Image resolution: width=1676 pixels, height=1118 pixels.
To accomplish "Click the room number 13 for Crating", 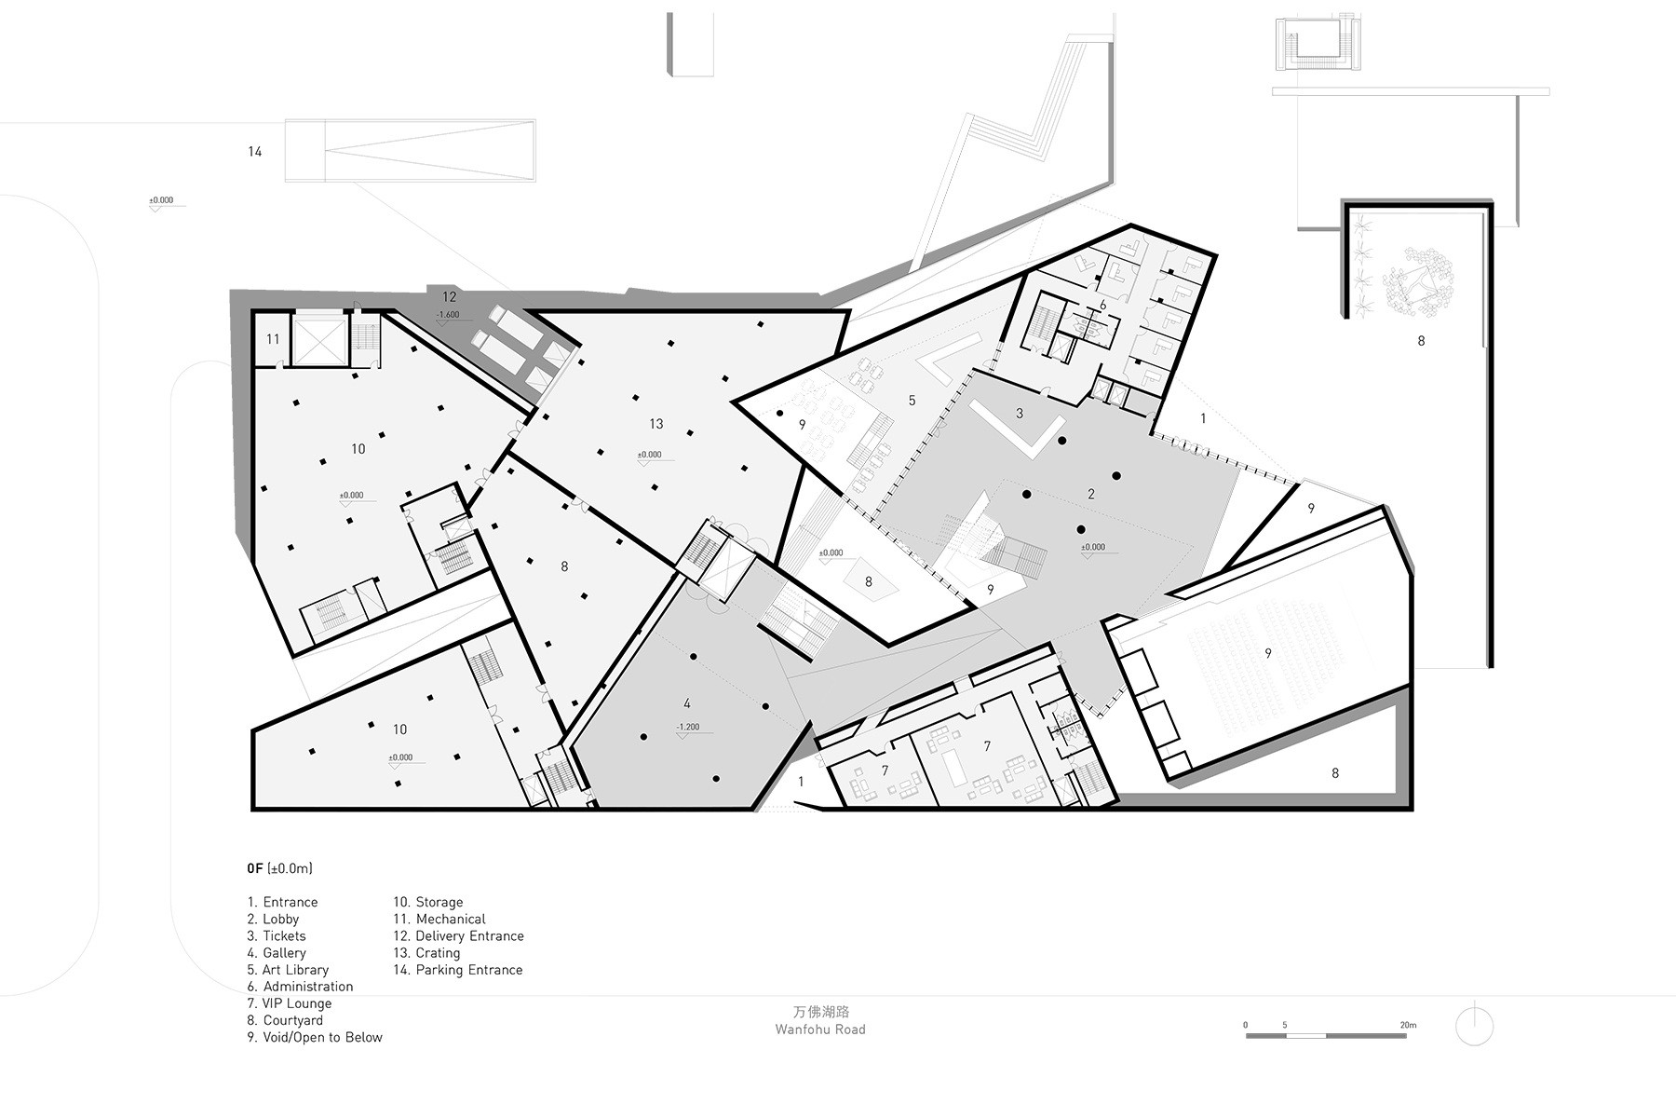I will coord(656,424).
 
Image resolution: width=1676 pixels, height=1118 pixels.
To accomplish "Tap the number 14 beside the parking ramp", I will coord(255,152).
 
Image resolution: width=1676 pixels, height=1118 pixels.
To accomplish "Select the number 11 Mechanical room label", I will coord(273,339).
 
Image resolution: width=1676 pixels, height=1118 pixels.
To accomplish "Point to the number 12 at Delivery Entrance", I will coord(450,297).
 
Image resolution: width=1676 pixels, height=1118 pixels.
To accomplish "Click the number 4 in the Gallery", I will coord(687,703).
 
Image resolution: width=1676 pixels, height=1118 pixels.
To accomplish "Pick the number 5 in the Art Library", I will coord(912,401).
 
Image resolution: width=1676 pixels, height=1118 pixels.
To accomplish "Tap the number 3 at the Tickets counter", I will coord(1020,413).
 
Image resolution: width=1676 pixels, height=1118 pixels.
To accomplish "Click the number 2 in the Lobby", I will coord(1091,494).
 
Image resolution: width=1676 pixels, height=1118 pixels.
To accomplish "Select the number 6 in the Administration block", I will coord(1103,305).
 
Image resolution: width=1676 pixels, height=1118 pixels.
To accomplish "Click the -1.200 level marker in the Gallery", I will coord(688,728).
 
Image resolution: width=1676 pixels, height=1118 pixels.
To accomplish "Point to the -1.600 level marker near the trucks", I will coord(448,315).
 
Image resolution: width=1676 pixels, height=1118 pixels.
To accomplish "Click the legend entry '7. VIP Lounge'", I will coord(290,1003).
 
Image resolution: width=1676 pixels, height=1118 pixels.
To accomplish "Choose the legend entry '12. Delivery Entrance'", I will coord(458,936).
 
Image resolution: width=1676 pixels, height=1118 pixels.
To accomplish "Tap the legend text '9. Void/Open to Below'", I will coord(315,1037).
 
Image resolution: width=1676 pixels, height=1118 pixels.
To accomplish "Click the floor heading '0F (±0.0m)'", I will coord(279,868).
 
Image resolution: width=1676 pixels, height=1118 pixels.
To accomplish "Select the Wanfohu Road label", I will coord(820,1029).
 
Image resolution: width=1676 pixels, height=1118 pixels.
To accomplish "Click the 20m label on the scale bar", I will coord(1408,1025).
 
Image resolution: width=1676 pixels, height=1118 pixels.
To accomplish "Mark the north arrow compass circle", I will coord(1474,1027).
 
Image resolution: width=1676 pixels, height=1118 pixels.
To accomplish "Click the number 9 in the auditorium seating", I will coord(1268,654).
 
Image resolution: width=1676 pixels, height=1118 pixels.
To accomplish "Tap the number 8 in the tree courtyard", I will coord(1421,341).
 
